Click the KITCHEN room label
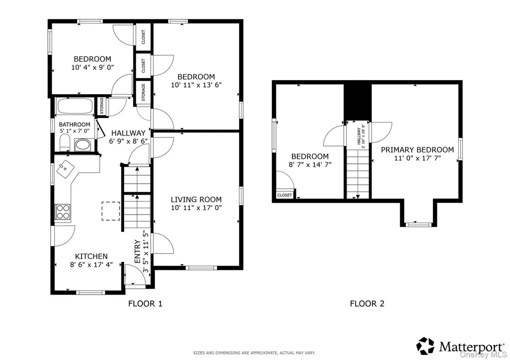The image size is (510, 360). [91, 256]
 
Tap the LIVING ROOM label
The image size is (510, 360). [196, 199]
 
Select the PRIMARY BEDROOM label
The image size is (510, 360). [417, 150]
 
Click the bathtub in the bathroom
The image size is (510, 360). [75, 106]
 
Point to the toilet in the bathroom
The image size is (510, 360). [65, 143]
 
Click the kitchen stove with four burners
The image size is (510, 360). [63, 212]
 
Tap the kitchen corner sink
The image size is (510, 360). [65, 169]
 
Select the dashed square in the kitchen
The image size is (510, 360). [111, 211]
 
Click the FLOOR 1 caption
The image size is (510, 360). [145, 304]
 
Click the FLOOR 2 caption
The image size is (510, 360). [367, 304]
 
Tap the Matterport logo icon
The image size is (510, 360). [425, 346]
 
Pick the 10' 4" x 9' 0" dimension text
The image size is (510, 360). [93, 67]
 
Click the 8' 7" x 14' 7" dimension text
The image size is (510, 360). [310, 164]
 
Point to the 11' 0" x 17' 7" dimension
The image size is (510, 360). [417, 158]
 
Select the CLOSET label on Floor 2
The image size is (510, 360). [284, 195]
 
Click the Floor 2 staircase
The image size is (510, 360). [358, 174]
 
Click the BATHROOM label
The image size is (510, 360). [75, 124]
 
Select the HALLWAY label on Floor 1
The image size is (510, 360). [128, 133]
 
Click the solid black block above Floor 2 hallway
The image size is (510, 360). [358, 102]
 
